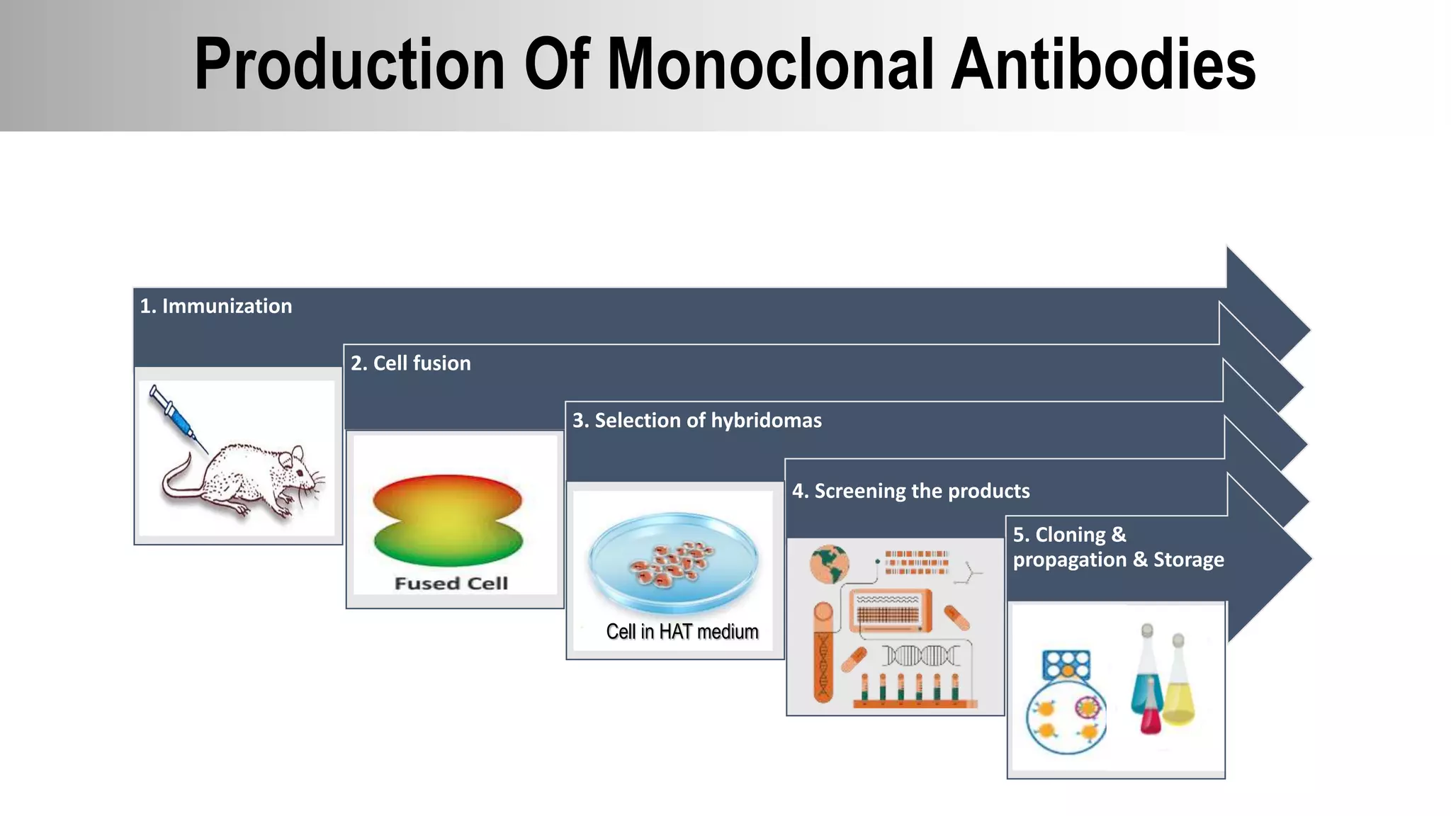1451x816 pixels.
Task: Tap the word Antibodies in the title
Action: coord(1102,65)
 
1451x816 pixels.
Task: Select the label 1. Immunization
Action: coord(215,306)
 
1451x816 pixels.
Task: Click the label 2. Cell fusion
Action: coord(410,363)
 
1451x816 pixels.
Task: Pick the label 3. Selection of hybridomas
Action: coord(696,421)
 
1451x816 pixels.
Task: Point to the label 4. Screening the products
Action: coord(910,491)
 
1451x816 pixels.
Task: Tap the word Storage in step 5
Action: coord(1188,560)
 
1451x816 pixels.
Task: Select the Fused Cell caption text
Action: coord(451,584)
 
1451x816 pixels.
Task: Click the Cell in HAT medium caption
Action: coord(682,631)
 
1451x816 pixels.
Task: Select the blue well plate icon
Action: coord(1066,665)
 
